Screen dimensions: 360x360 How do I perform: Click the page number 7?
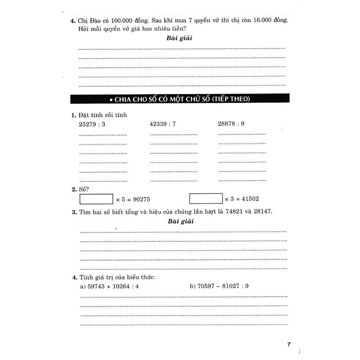click(289, 344)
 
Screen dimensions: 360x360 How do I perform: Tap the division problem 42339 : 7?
click(162, 124)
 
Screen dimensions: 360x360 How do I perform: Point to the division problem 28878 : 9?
click(231, 124)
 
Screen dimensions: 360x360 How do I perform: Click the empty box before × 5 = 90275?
click(96, 199)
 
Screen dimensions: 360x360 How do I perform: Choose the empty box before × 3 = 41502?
click(206, 199)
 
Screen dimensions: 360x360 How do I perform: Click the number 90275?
click(141, 199)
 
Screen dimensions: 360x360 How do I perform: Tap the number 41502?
click(250, 199)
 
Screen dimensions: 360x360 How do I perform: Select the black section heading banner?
click(180, 99)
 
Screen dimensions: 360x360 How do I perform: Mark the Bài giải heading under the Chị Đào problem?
click(179, 38)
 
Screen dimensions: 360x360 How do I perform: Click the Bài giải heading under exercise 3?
click(180, 221)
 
